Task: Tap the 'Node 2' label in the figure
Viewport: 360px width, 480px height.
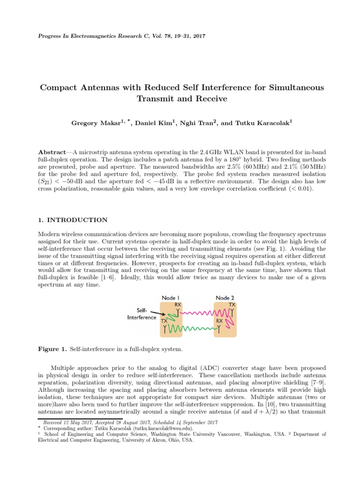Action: pyautogui.click(x=225, y=298)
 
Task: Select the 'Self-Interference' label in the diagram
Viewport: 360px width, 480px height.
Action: pyautogui.click(x=142, y=314)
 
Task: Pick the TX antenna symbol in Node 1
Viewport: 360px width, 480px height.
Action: pyautogui.click(x=165, y=330)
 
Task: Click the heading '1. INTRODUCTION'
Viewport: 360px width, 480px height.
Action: pyautogui.click(x=73, y=220)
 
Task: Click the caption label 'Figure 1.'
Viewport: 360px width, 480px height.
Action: pyautogui.click(x=52, y=349)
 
